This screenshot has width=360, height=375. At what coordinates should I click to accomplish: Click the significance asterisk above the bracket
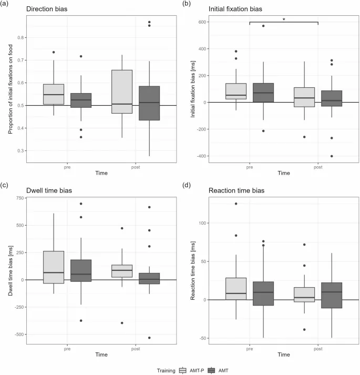[x=284, y=19]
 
